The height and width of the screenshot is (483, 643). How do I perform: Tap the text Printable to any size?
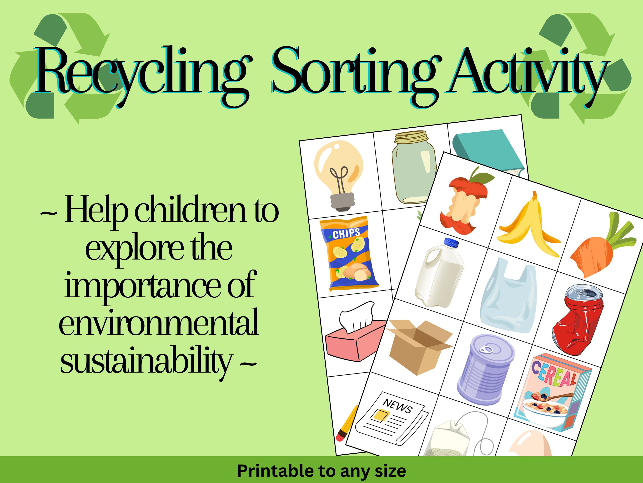(x=321, y=471)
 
